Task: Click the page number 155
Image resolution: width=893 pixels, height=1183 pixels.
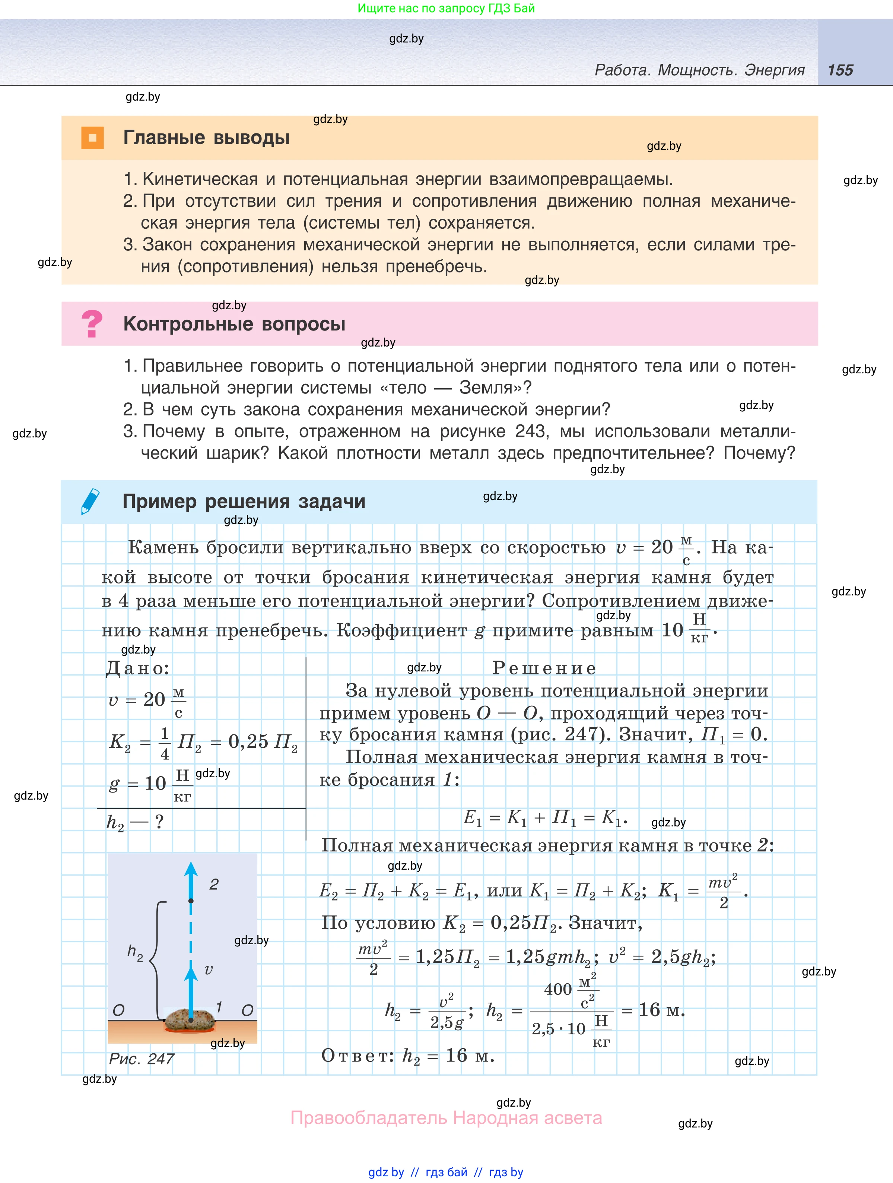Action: click(x=840, y=70)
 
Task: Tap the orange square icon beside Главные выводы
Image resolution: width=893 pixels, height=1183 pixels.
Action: click(x=92, y=137)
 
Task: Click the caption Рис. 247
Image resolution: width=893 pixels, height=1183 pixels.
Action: click(x=142, y=1059)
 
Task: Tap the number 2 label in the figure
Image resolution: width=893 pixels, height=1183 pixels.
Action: click(x=214, y=884)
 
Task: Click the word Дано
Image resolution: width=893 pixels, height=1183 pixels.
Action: click(x=138, y=668)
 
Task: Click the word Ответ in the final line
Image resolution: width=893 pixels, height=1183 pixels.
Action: click(x=357, y=1055)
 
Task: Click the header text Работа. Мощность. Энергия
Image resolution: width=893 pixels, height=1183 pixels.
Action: click(x=700, y=70)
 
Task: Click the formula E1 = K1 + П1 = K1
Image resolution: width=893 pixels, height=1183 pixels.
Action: click(x=545, y=818)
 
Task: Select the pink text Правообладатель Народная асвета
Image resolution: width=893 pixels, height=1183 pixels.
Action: click(x=446, y=1118)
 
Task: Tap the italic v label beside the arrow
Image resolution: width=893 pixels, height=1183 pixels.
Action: click(x=209, y=969)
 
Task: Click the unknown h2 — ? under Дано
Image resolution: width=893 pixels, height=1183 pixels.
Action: click(x=135, y=822)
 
